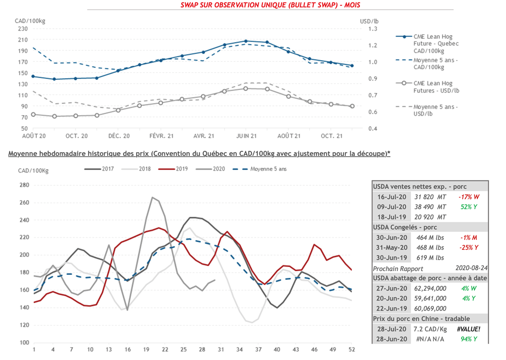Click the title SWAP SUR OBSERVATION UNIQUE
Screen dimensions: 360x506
pos(270,5)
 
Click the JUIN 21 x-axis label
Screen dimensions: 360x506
pos(246,136)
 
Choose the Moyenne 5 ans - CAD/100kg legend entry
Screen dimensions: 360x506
pos(435,63)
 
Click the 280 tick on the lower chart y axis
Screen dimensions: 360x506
pos(24,185)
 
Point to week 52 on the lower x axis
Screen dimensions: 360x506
pos(351,350)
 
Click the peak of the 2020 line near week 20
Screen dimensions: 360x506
pos(152,197)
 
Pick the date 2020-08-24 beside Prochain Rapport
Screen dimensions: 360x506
pos(472,268)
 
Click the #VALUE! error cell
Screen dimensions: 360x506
pos(469,329)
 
